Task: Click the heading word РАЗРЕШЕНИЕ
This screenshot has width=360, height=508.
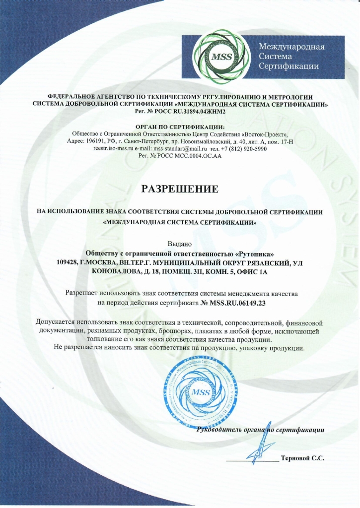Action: (180, 189)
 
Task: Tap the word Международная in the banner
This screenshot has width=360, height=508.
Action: (292, 47)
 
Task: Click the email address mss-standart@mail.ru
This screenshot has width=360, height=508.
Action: (180, 148)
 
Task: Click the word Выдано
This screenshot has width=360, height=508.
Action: (180, 243)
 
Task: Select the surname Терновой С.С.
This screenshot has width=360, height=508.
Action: (302, 458)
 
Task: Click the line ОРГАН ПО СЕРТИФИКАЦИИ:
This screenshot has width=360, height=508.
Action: (180, 127)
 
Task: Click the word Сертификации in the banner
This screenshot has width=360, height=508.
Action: (289, 66)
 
